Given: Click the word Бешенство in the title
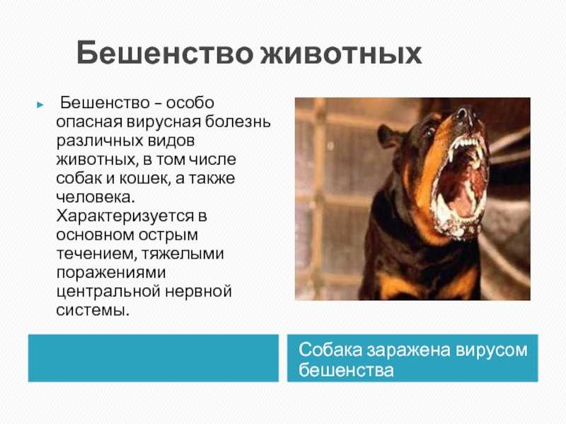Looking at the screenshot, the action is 165,52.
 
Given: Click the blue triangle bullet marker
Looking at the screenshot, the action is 40,105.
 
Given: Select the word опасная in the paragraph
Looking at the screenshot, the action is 89,122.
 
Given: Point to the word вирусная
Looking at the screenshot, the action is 163,122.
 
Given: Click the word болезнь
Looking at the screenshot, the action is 238,122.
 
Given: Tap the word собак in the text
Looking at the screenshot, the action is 79,179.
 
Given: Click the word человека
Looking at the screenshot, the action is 96,197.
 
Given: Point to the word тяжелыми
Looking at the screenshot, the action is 183,254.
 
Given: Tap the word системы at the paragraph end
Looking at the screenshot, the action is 93,310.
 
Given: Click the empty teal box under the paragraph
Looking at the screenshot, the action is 154,358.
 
